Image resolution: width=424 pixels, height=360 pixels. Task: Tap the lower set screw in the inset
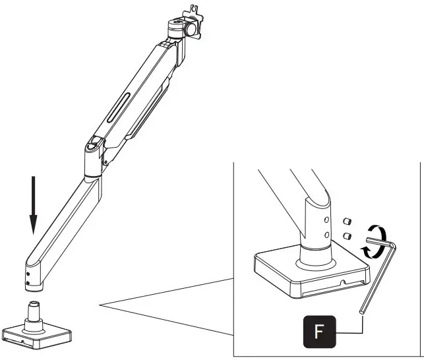coord(348,235)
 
